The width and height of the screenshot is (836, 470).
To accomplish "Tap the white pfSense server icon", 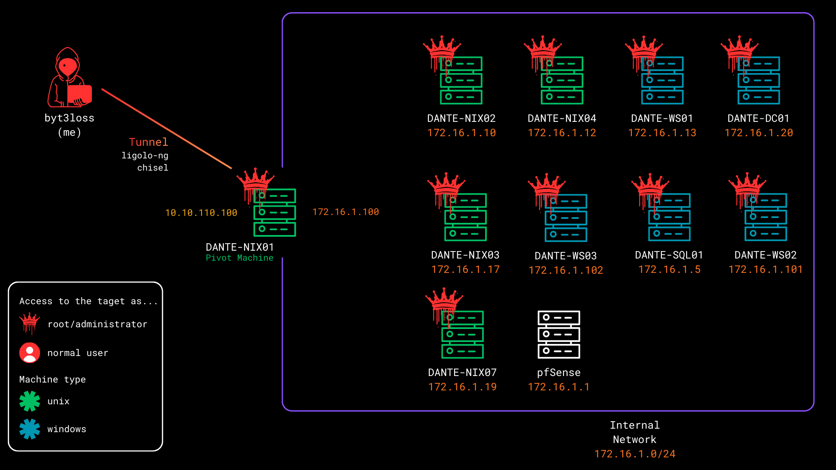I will (559, 334).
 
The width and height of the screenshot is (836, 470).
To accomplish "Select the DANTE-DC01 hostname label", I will (758, 118).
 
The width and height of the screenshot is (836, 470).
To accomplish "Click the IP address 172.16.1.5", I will (669, 270).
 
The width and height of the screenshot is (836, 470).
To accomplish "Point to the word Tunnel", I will (148, 142).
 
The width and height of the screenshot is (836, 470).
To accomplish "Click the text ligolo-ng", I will (145, 155).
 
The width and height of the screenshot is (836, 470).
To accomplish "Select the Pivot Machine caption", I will (239, 258).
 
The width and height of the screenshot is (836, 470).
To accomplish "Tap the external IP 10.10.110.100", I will (201, 213).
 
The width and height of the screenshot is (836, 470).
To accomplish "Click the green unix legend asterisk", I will (30, 401).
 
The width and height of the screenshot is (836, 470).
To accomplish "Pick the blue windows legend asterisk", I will (30, 429).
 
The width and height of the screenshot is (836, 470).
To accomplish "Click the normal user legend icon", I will (30, 352).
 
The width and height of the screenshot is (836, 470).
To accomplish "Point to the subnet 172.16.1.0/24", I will (634, 454).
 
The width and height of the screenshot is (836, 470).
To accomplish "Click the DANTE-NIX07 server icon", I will (462, 335).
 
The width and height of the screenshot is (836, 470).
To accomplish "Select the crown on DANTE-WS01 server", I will (644, 48).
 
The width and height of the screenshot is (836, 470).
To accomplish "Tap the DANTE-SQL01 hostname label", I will (669, 255).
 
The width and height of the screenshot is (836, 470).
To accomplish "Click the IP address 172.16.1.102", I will (566, 270).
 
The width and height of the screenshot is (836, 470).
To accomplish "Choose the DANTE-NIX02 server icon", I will (461, 81).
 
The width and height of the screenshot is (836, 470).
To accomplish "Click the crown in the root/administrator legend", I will (30, 322).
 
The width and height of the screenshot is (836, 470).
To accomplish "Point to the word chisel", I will (152, 168).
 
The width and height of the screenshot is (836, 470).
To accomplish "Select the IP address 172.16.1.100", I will (346, 212).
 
